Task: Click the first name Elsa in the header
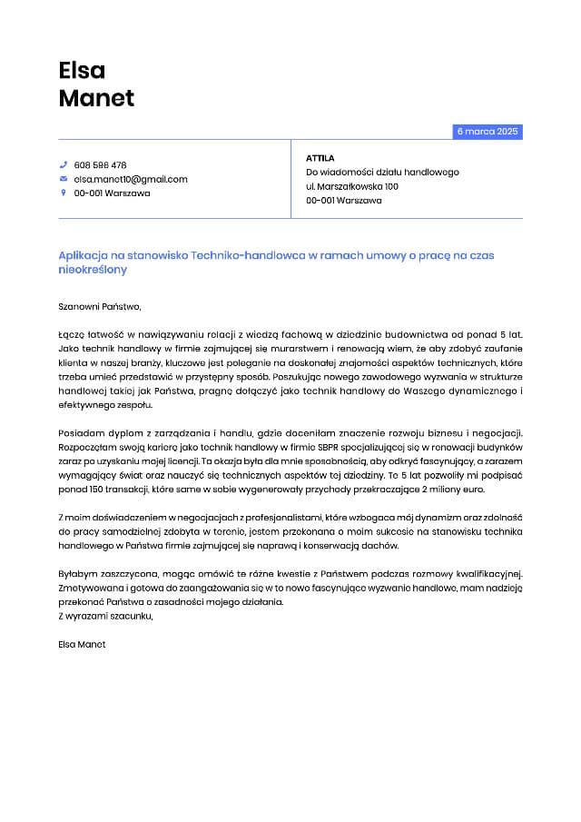point(82,70)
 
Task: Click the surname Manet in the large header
point(96,98)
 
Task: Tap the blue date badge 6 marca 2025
point(487,132)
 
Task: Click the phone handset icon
point(64,165)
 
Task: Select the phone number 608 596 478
point(100,165)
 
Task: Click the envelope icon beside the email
point(64,179)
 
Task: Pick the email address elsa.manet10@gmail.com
point(131,179)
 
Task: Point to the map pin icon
point(64,193)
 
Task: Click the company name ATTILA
point(320,158)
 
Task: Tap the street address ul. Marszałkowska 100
point(352,186)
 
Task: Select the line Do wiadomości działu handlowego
point(382,172)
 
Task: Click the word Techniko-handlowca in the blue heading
point(248,256)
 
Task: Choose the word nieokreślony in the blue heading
point(93,270)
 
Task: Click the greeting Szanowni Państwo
point(100,306)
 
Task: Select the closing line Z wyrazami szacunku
point(105,616)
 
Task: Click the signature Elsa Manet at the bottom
point(82,644)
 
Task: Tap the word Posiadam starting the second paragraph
point(80,432)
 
